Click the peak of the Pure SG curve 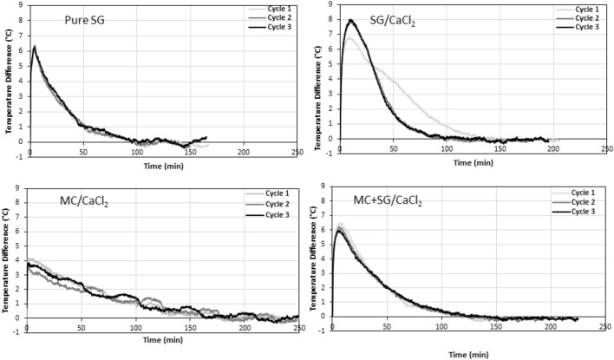click(34, 47)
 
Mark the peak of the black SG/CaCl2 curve click(350, 20)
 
